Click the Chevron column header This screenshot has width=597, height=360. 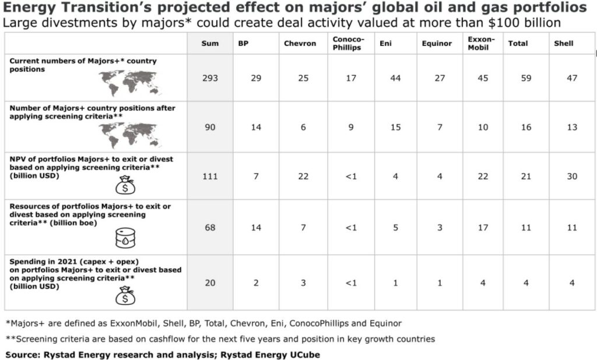click(300, 43)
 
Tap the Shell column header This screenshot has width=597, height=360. click(564, 43)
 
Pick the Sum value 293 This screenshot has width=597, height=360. click(210, 78)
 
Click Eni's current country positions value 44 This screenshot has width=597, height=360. click(395, 78)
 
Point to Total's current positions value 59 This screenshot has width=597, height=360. click(526, 78)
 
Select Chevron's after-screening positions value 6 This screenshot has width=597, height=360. click(303, 127)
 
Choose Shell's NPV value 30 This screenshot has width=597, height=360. click(571, 177)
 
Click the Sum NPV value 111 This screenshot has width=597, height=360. click(210, 177)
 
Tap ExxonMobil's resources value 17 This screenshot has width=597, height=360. click(483, 227)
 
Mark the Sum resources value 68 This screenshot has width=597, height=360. click(210, 227)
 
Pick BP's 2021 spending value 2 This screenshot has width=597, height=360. click(256, 283)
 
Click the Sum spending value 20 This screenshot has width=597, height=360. click(210, 283)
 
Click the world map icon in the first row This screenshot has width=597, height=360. click(130, 83)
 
